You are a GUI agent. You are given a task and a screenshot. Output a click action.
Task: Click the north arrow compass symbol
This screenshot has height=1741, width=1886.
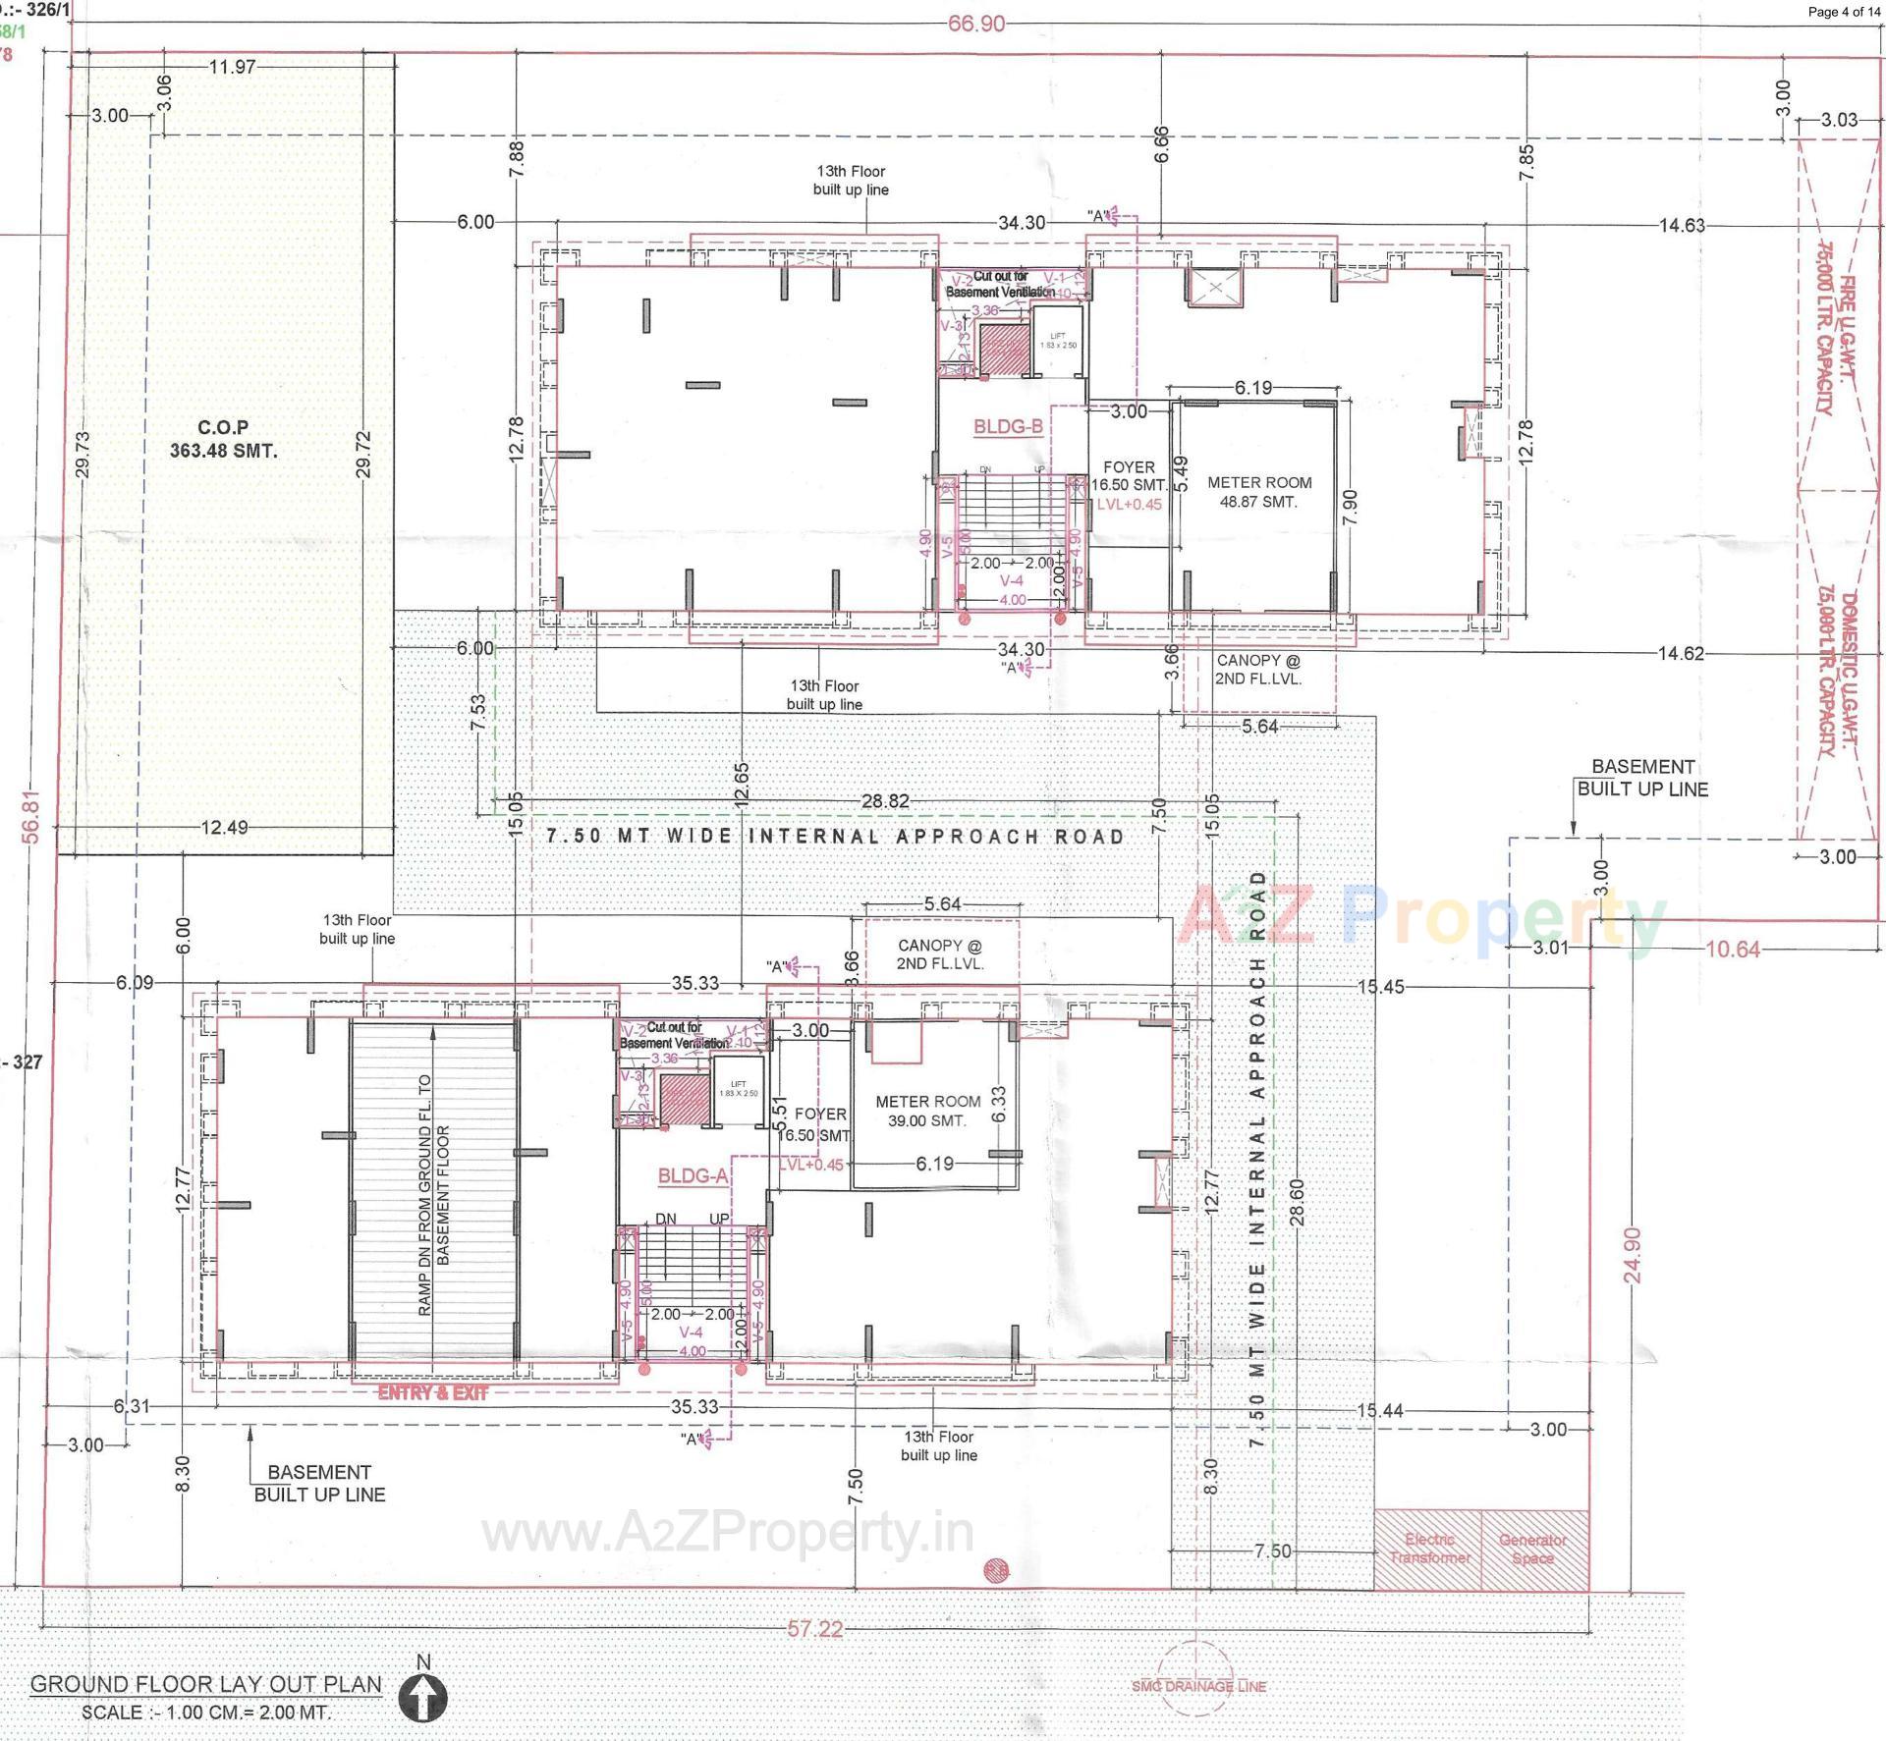pos(423,1696)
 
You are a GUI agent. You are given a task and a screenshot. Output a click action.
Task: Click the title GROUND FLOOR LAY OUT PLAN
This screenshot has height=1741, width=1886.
pos(206,1684)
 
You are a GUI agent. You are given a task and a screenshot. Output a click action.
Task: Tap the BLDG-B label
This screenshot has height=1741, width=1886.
pos(1008,427)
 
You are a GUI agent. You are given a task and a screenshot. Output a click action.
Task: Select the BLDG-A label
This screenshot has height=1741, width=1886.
pos(693,1176)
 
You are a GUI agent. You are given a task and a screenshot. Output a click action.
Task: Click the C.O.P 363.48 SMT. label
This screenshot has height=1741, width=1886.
pos(223,440)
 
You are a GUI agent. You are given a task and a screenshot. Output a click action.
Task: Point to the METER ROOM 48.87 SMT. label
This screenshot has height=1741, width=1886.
pos(1258,492)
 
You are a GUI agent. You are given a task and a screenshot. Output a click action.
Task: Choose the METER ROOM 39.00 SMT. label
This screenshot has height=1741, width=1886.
pos(927,1111)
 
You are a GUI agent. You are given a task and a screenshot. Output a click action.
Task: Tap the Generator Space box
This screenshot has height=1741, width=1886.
pos(1533,1550)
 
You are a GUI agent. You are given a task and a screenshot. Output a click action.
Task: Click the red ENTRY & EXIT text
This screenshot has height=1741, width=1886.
pos(433,1392)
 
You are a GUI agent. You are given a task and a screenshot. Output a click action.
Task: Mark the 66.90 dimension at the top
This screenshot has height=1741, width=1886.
pos(976,24)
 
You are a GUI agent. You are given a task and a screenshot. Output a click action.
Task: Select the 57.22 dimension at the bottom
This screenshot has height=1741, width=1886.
pos(815,1629)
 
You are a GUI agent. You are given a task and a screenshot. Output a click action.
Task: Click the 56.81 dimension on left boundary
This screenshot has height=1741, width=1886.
pos(32,816)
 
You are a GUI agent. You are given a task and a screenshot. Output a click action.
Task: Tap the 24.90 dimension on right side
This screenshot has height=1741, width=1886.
pos(1633,1255)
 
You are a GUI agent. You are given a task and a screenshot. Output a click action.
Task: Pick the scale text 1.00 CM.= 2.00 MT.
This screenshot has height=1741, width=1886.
pos(206,1713)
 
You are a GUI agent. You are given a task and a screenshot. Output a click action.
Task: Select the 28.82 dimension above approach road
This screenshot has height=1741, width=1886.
pos(885,801)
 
